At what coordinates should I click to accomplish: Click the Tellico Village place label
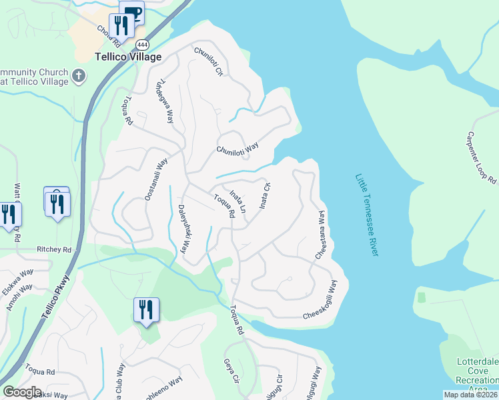click(128, 57)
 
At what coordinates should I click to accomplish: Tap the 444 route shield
click(141, 44)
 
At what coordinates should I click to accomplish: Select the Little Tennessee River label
click(367, 215)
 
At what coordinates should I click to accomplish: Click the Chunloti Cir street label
click(208, 62)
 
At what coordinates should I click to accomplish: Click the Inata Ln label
click(238, 201)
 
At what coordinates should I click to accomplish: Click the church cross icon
click(79, 74)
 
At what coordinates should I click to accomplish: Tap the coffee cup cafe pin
click(131, 12)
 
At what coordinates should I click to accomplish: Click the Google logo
click(22, 392)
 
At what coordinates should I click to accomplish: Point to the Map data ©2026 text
click(470, 395)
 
